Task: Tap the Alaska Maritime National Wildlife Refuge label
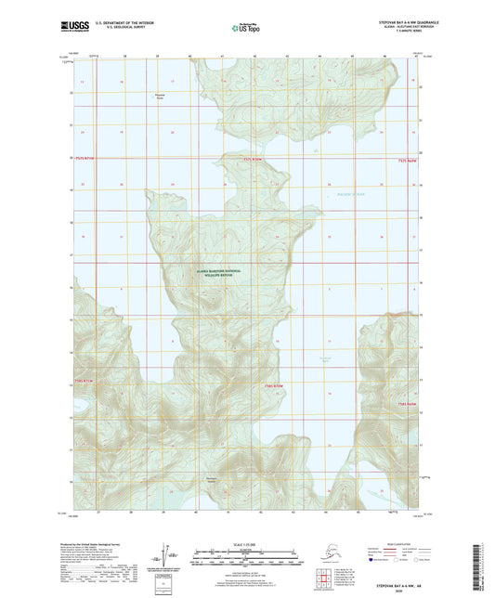pyautogui.click(x=218, y=272)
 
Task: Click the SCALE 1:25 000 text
pyautogui.click(x=247, y=541)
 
